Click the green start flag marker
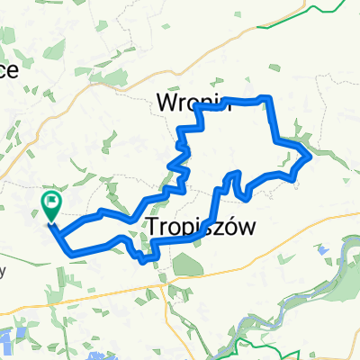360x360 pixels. (51, 206)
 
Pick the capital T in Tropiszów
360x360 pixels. (152, 226)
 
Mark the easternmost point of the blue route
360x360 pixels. (310, 157)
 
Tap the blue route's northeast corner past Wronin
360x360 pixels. (267, 97)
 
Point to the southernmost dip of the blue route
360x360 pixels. (145, 262)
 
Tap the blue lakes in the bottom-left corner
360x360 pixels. (18, 337)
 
